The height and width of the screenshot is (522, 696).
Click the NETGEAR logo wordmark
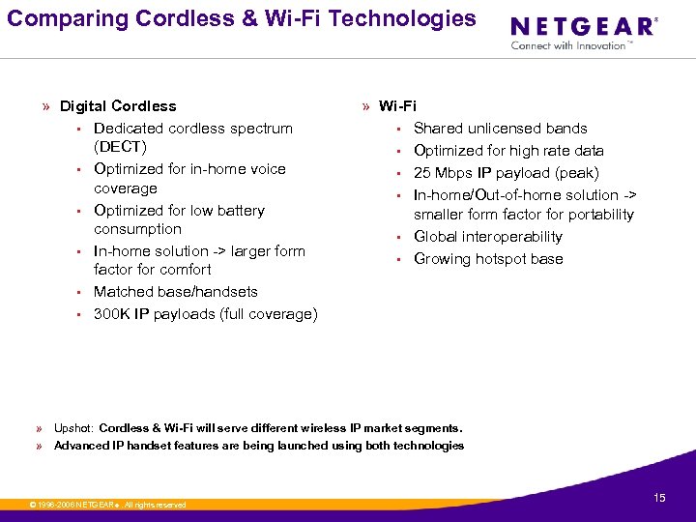point(582,27)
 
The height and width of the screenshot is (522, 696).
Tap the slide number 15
point(659,498)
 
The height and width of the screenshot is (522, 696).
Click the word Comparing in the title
point(53,18)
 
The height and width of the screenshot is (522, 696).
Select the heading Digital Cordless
point(118,106)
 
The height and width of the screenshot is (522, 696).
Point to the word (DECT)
point(120,147)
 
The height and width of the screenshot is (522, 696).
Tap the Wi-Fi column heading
point(397,106)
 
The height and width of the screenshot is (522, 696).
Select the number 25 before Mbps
point(422,173)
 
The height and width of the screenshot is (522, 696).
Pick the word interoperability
point(513,237)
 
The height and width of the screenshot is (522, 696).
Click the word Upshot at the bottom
point(73,428)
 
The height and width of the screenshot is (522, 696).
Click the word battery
point(234,211)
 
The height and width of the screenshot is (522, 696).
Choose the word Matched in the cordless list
point(121,292)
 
